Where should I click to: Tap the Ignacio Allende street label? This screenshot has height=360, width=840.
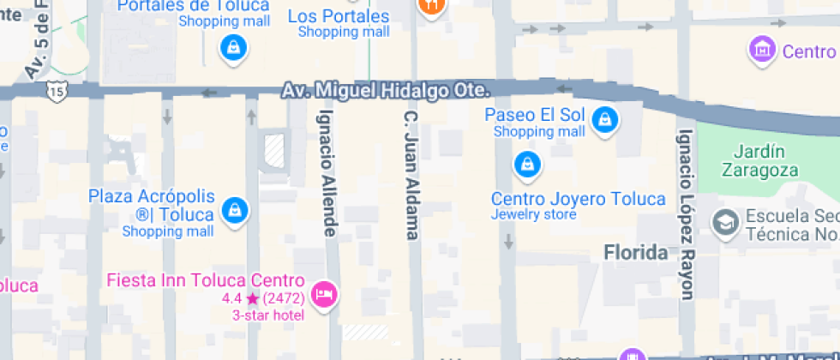tap(327, 171)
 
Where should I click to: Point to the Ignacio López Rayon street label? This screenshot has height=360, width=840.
tap(686, 214)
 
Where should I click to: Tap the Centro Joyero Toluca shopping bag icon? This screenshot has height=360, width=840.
tap(526, 163)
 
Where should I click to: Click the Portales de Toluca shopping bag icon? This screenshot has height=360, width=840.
tap(233, 48)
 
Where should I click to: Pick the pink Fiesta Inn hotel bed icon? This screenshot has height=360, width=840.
tap(325, 296)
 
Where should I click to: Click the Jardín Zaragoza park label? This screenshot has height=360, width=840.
tap(754, 160)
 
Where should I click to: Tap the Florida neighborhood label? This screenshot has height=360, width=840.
tap(636, 253)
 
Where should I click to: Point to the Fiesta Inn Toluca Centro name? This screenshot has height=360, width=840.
tap(206, 280)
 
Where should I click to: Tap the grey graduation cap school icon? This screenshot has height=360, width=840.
tap(725, 224)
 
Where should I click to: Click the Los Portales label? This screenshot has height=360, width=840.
tap(338, 16)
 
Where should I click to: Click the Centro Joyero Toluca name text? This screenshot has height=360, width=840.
tap(578, 199)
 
